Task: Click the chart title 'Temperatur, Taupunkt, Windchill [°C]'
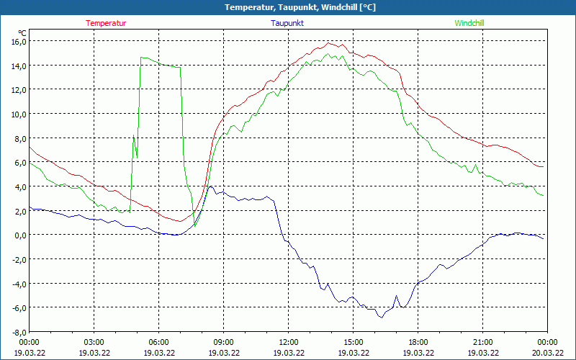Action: point(288,7)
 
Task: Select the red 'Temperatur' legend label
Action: point(106,23)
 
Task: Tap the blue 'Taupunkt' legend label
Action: point(288,23)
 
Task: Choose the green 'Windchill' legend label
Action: point(469,23)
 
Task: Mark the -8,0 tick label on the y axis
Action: point(18,332)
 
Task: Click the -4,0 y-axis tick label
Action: point(18,283)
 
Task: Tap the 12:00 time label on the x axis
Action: point(288,342)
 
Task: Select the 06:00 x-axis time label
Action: point(158,342)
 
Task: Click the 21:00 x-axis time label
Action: point(482,342)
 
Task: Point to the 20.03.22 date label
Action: point(547,353)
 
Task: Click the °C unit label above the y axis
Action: point(22,32)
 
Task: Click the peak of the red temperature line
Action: point(329,43)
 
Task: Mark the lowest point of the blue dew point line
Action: point(381,317)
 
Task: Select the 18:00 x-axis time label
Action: point(418,342)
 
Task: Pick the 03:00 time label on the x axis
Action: point(94,342)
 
